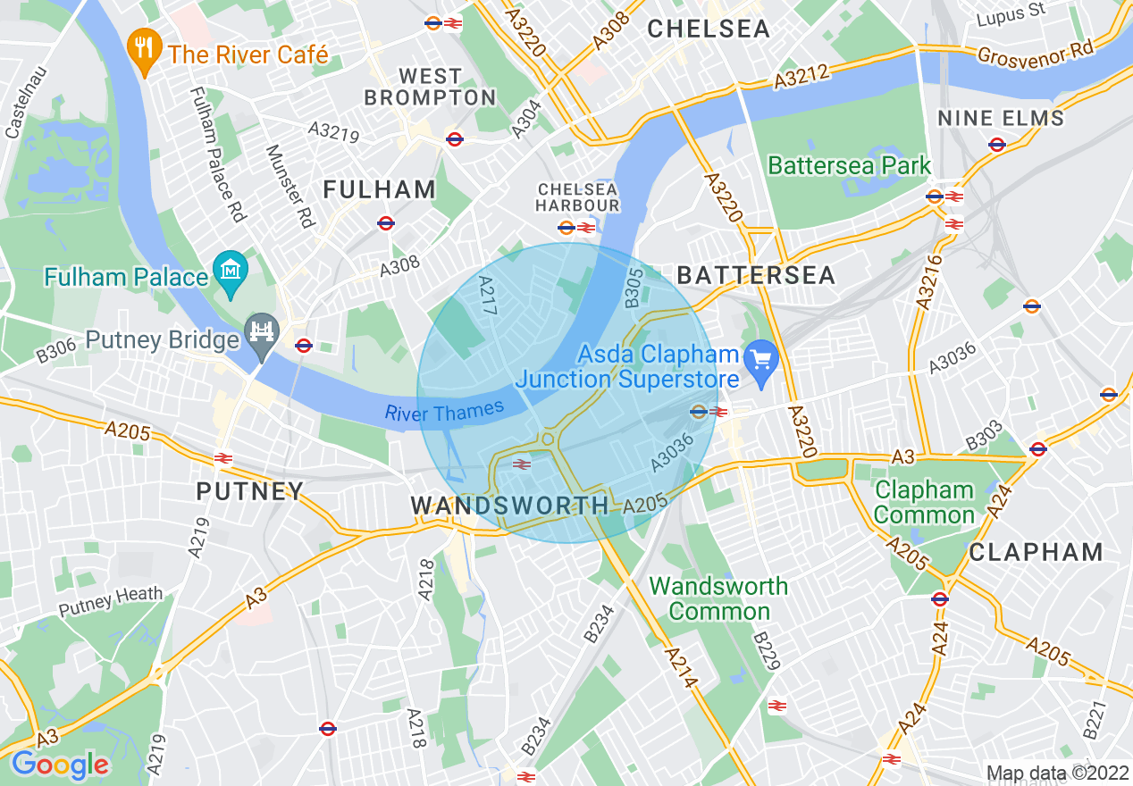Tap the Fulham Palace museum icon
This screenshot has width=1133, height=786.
(231, 269)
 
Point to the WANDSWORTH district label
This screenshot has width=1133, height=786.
(510, 506)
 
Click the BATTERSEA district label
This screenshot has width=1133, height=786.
(757, 274)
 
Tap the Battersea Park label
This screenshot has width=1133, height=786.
(850, 165)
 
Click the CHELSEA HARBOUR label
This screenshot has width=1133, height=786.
(577, 197)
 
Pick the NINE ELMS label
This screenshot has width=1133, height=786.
(1001, 118)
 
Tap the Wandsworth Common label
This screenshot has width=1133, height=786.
(718, 598)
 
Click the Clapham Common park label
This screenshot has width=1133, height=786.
(925, 502)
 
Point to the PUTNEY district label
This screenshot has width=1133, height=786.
(250, 491)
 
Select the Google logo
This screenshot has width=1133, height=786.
(60, 765)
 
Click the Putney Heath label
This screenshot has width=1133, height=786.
(111, 601)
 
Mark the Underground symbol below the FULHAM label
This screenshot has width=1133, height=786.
(386, 222)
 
